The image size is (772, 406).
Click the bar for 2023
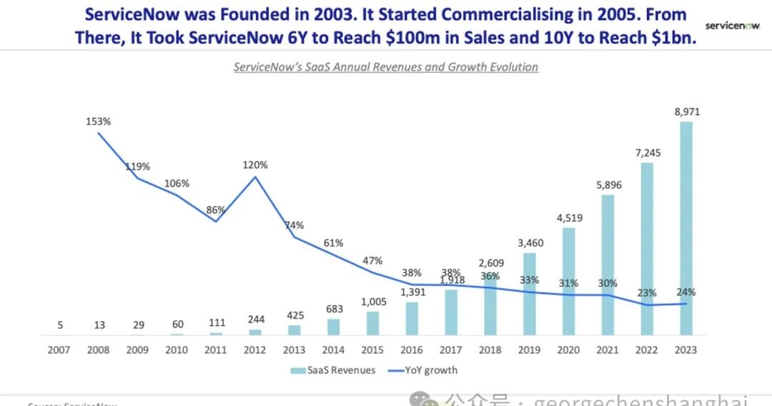point(686,229)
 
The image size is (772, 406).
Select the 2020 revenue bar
point(568,282)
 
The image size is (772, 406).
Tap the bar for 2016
point(412,318)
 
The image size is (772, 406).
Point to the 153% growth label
point(99,122)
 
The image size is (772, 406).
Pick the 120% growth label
point(255,165)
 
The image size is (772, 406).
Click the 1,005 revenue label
point(372,301)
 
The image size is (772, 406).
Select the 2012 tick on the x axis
point(255,350)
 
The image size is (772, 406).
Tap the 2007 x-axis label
point(60,350)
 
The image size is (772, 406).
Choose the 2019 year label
point(528,350)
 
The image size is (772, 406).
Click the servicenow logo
point(732,26)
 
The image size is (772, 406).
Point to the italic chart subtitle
point(386,67)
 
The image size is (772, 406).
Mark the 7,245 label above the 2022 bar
point(646,152)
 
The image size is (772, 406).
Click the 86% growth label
point(216,210)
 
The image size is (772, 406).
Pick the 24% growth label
point(686,292)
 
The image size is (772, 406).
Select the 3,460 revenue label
point(529,243)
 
